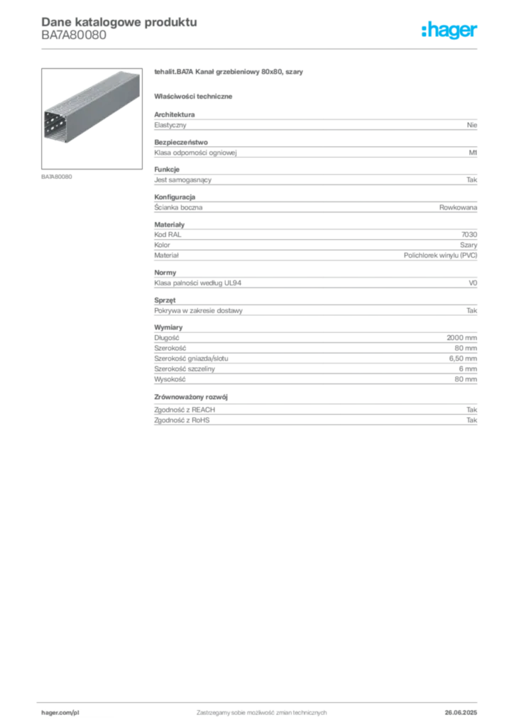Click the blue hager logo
point(450,31)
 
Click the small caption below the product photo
point(57,176)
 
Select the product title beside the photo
point(230,73)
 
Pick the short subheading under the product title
point(196,96)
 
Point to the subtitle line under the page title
point(74,40)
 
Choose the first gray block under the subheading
point(315,124)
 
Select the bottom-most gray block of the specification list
point(315,411)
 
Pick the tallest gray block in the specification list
point(315,356)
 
